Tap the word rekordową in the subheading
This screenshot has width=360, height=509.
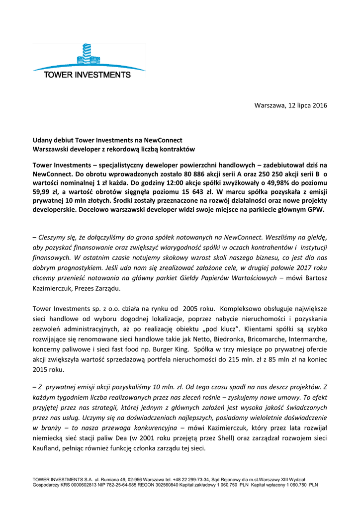(127, 149)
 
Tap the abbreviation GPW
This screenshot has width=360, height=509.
(313, 210)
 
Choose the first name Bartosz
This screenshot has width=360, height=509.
(313, 278)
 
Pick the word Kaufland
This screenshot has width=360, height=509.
(48, 447)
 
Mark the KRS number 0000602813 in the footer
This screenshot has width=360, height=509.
(85, 484)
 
